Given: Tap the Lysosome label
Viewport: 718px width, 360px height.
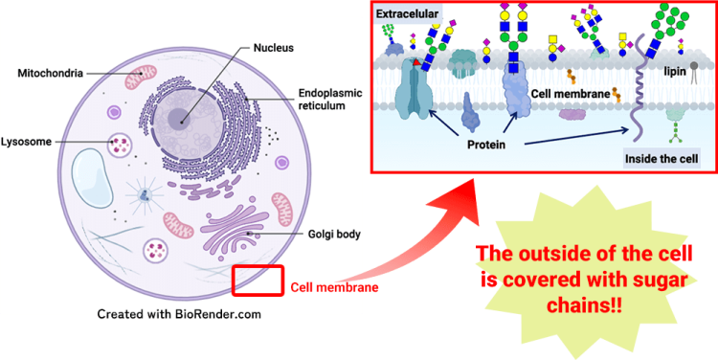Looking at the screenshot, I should (x=28, y=142).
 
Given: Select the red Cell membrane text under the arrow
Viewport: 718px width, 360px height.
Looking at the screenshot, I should (x=334, y=287).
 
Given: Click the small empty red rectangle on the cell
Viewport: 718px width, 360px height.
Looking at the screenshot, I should (x=258, y=280).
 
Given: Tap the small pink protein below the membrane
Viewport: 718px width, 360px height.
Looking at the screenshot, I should (x=572, y=114).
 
